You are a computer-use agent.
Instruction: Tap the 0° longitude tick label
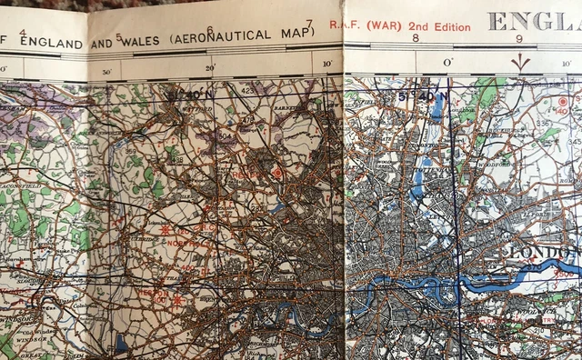(446, 63)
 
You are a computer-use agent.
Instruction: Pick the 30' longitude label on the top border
(107, 71)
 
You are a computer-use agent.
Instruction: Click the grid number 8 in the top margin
(415, 38)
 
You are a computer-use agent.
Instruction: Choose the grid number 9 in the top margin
(518, 38)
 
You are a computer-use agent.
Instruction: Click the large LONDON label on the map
(543, 252)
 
